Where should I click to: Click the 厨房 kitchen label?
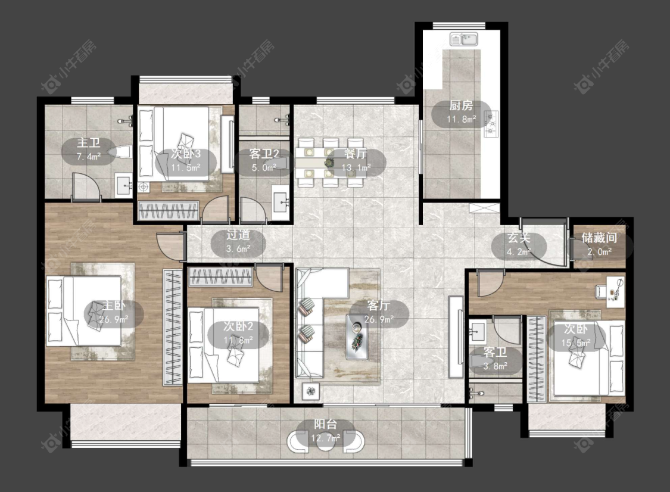[461, 105]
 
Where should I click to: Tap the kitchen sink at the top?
[464, 40]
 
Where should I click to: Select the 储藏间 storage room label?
[599, 238]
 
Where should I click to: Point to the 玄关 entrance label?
[519, 238]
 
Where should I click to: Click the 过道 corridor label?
[238, 235]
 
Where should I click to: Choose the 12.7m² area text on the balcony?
[326, 438]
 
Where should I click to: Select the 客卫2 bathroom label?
[264, 154]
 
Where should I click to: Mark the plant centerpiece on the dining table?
[329, 163]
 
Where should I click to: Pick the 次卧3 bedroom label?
[186, 154]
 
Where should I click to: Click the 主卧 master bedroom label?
[114, 306]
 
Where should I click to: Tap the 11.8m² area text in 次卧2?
[238, 340]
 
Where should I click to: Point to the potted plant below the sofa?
[312, 390]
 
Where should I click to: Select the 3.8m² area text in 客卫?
[496, 366]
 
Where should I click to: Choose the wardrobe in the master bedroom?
[173, 328]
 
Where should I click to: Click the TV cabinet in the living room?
[456, 337]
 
